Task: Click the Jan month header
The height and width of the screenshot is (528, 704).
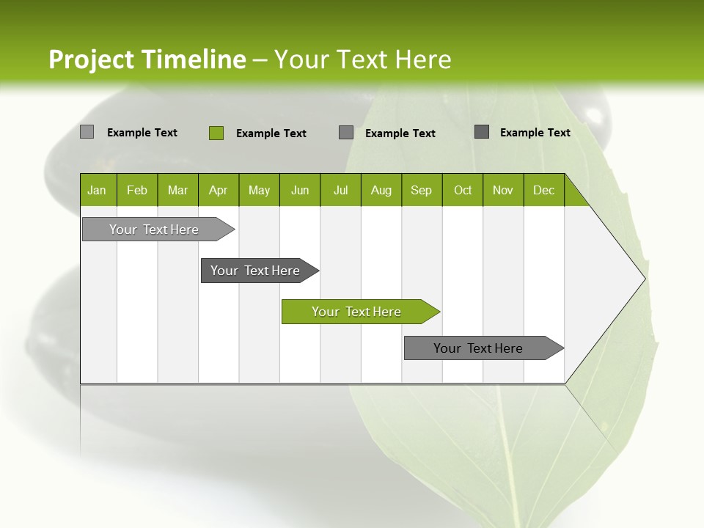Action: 97,190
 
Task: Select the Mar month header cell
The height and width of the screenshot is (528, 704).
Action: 177,190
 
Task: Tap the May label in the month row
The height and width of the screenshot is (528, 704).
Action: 259,190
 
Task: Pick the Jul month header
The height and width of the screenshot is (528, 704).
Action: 340,190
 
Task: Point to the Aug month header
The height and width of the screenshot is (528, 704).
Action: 381,190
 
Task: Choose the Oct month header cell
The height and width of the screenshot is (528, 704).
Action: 463,190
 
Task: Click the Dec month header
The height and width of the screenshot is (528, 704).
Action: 543,190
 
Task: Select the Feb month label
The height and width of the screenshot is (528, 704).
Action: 137,190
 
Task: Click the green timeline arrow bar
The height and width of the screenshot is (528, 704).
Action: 356,312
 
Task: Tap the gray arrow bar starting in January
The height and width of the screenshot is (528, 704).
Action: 154,230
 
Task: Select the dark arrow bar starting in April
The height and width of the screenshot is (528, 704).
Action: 255,271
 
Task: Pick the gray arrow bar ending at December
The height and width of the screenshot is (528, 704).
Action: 478,348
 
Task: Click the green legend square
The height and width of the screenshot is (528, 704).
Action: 216,133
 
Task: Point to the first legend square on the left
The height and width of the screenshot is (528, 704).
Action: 87,132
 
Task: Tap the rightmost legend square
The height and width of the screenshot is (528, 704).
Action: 482,132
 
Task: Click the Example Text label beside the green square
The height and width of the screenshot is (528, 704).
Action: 271,133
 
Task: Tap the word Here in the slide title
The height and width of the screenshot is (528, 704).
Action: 423,59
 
